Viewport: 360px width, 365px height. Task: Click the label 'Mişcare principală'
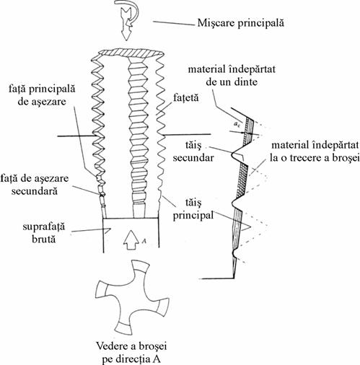(x=240, y=23)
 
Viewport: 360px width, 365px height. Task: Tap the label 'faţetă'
(x=185, y=98)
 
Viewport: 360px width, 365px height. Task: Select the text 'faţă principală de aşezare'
(x=42, y=95)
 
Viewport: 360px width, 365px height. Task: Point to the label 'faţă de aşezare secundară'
(x=35, y=185)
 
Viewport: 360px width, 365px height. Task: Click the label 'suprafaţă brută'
(x=44, y=233)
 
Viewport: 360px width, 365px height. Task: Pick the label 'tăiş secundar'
(x=193, y=151)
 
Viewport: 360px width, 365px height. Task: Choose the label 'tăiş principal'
(x=193, y=209)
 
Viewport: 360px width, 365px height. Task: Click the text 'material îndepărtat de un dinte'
(x=232, y=76)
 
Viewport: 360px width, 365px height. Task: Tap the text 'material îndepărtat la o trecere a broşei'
(x=315, y=151)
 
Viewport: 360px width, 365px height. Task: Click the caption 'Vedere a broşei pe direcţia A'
(x=131, y=353)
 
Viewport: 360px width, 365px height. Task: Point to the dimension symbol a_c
(x=237, y=124)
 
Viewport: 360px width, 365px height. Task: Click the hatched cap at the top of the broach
(x=129, y=53)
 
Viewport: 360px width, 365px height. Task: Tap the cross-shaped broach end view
(x=132, y=297)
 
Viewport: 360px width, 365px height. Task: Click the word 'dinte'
(x=246, y=82)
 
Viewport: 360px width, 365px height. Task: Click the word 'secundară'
(x=35, y=191)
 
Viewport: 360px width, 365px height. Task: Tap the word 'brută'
(x=44, y=239)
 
